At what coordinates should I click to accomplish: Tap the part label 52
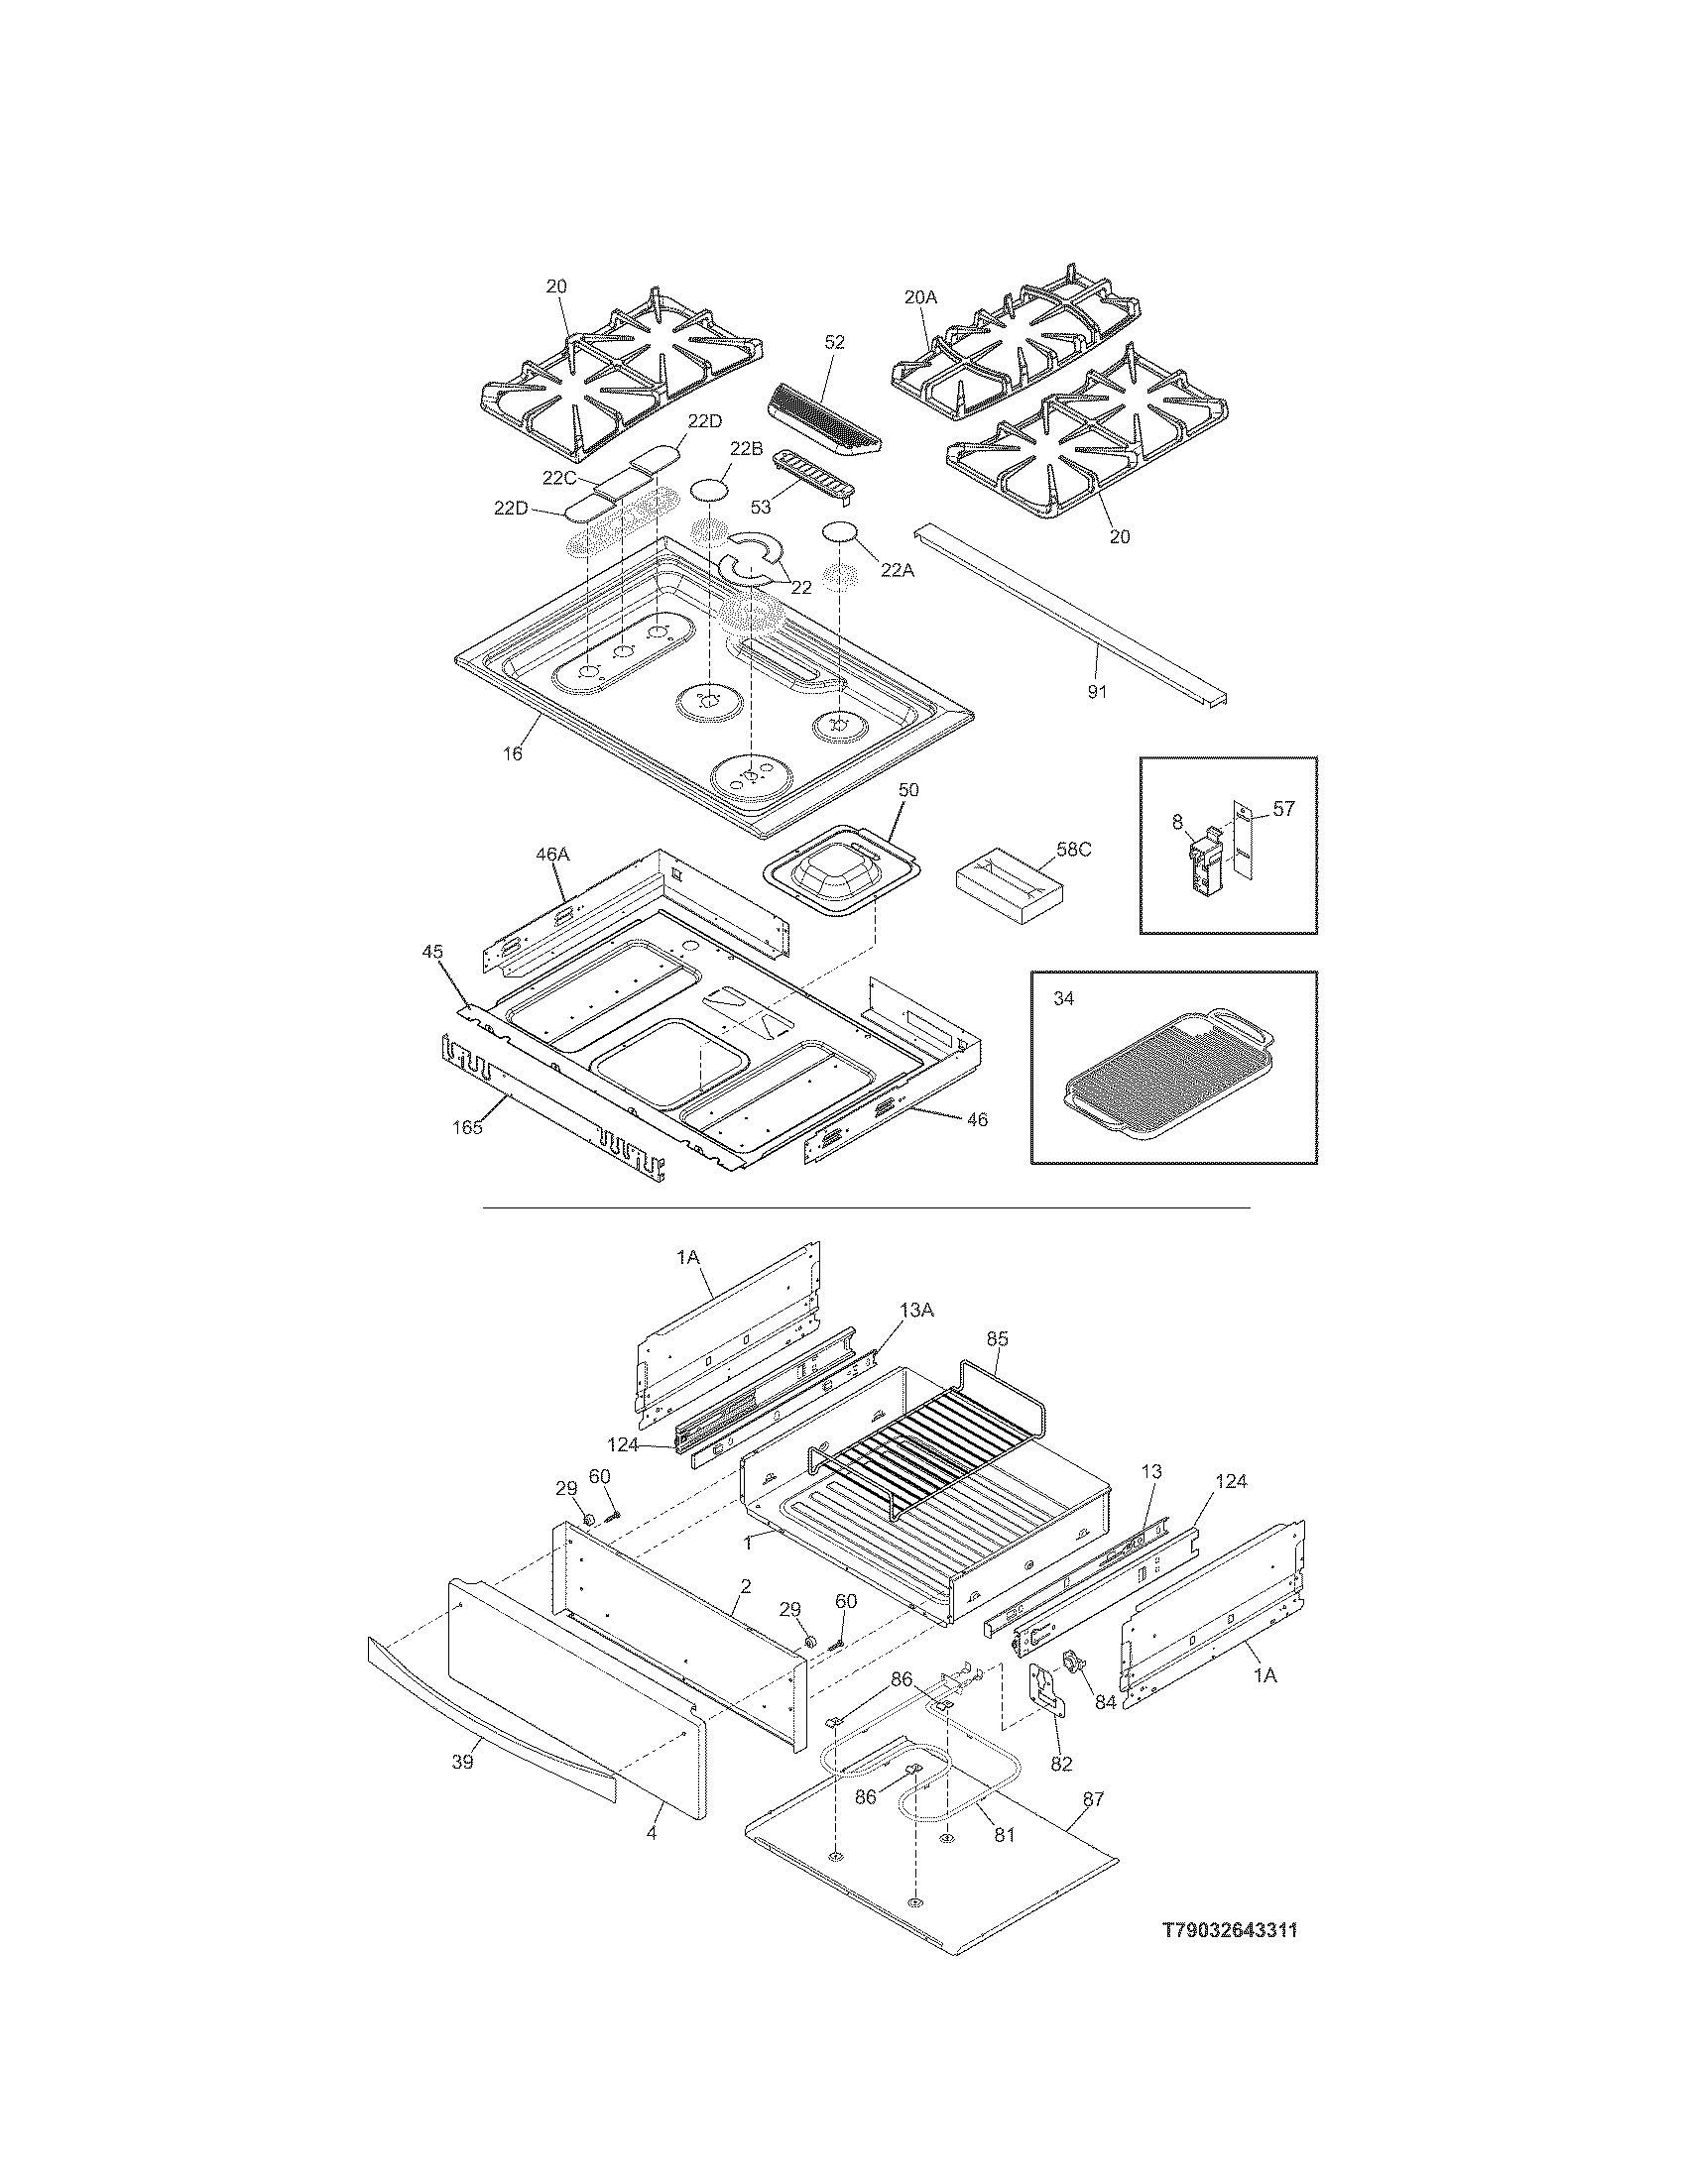(x=835, y=343)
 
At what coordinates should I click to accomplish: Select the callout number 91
(x=1097, y=691)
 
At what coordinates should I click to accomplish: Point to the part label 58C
(x=1074, y=850)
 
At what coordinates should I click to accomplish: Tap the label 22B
(x=745, y=449)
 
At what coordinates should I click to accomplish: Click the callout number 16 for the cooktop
(x=513, y=754)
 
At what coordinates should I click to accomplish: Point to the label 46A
(x=551, y=855)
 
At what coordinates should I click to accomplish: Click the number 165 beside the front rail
(x=467, y=1127)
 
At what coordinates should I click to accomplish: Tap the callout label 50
(x=908, y=789)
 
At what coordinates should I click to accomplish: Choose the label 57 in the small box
(x=1283, y=809)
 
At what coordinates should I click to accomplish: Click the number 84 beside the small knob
(x=1106, y=1702)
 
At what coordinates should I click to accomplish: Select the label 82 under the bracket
(x=1061, y=1765)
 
